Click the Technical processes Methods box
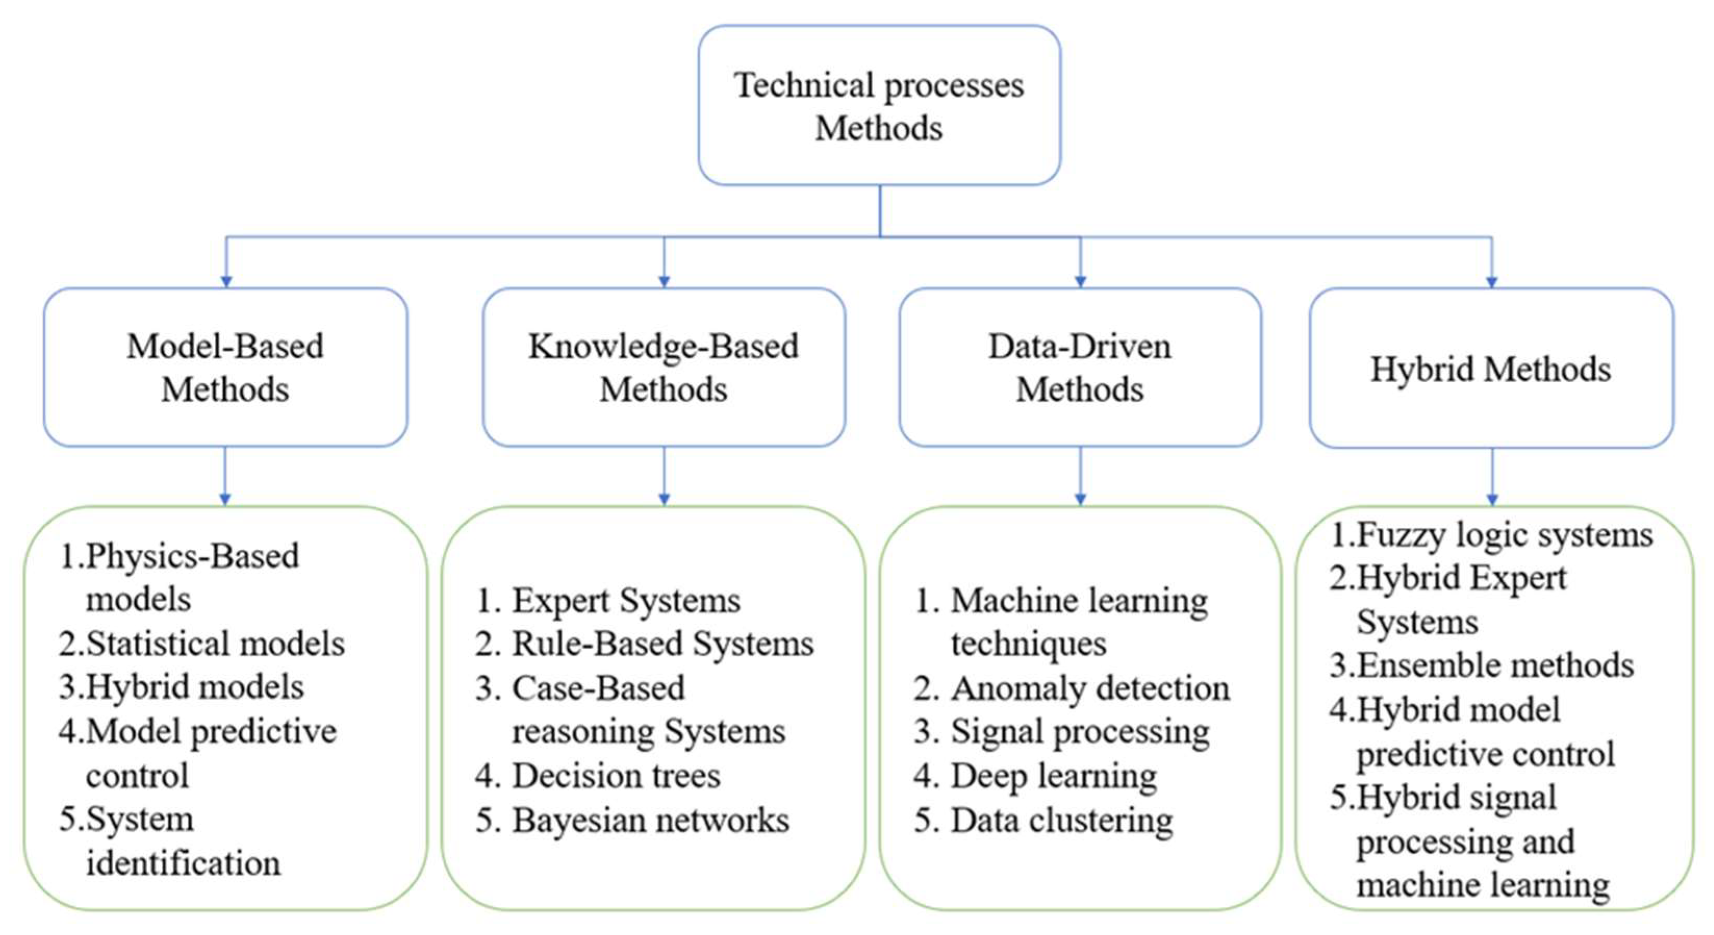point(879,105)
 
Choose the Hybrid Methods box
point(1491,368)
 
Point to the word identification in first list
point(183,863)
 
